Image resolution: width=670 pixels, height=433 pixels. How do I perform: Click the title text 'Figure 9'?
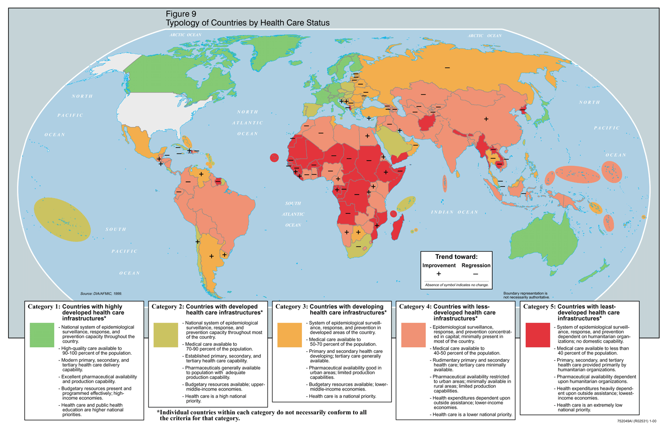click(x=181, y=14)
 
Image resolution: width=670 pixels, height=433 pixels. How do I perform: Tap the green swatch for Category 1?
click(x=42, y=335)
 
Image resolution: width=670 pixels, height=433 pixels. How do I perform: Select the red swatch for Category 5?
click(x=537, y=335)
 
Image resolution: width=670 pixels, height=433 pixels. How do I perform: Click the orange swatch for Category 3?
click(x=290, y=335)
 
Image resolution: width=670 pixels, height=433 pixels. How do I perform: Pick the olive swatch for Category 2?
click(x=166, y=335)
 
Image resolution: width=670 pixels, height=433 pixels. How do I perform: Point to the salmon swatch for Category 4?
click(x=413, y=335)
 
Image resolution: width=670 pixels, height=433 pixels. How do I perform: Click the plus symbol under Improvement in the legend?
click(x=439, y=274)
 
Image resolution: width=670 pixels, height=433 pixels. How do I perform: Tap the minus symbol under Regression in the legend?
click(x=475, y=274)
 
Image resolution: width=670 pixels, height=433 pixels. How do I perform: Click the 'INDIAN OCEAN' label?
click(x=455, y=212)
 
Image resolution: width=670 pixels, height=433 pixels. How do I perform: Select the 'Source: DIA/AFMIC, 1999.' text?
click(x=101, y=294)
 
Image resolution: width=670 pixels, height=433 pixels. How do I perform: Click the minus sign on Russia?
click(x=447, y=68)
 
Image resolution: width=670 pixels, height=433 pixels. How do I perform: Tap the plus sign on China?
click(x=486, y=119)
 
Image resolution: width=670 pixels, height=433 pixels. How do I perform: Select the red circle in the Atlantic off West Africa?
click(x=275, y=158)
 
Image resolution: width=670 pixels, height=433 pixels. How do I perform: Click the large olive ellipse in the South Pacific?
click(x=63, y=220)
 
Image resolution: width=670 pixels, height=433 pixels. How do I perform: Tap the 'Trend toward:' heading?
click(x=456, y=257)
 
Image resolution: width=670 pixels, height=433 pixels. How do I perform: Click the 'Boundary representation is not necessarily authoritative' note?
click(x=526, y=295)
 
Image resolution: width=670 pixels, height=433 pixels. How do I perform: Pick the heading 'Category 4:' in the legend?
click(x=415, y=307)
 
